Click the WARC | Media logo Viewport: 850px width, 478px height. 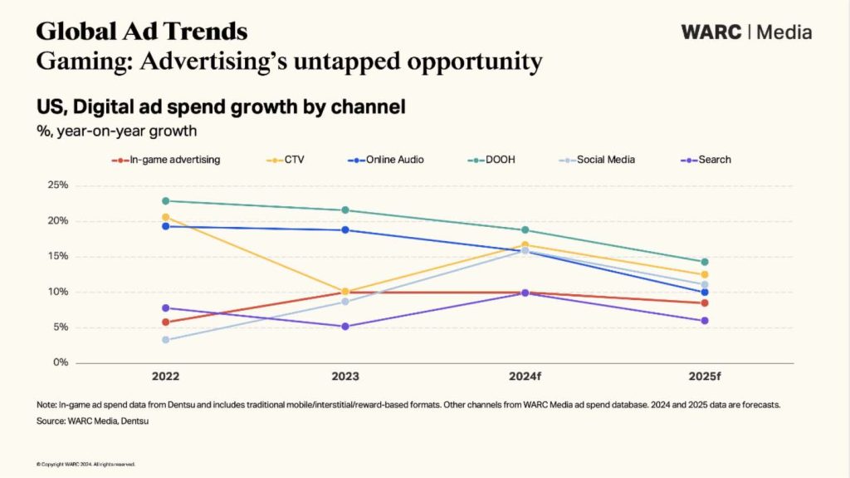(745, 32)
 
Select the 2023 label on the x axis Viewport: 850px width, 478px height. (345, 377)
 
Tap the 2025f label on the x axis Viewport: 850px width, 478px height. (705, 377)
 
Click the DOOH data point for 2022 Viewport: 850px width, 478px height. (166, 201)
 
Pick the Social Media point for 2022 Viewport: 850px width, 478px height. (166, 339)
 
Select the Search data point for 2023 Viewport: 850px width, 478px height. (345, 327)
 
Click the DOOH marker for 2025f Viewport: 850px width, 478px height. (705, 262)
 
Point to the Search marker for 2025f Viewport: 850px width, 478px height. (705, 321)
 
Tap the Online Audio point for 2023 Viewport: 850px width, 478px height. (345, 230)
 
